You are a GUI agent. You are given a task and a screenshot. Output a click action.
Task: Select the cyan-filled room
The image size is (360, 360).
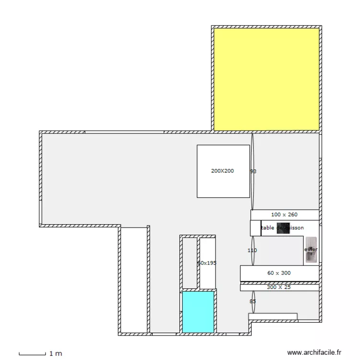point(198,312)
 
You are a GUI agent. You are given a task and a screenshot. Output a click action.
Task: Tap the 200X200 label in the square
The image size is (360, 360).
point(223,171)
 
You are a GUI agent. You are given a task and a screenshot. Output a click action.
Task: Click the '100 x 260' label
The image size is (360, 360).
point(284,215)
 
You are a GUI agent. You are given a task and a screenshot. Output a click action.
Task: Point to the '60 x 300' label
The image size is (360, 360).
point(279,273)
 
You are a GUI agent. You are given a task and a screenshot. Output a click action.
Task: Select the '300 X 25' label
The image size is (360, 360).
point(279,287)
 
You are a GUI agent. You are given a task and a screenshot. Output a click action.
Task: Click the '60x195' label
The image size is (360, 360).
point(207,263)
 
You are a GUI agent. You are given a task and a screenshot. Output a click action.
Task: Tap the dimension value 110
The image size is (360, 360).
point(252,251)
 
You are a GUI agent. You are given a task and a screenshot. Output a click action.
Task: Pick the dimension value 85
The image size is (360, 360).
point(252,301)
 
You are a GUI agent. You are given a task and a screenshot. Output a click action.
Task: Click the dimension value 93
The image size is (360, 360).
point(253,171)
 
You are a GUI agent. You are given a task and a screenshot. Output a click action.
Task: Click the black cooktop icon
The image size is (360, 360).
point(283,228)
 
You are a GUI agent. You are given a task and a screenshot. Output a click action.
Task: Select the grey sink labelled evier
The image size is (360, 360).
point(311,250)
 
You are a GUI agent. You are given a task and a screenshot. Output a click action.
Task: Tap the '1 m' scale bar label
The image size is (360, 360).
point(56,354)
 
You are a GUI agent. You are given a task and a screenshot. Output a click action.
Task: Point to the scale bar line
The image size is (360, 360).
point(32,354)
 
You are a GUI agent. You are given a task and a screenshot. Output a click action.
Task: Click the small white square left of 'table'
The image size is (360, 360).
point(255,228)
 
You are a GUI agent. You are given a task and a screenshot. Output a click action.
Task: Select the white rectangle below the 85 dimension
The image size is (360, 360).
point(273,316)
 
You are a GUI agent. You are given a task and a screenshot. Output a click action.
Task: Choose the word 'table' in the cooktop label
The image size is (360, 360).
point(268,228)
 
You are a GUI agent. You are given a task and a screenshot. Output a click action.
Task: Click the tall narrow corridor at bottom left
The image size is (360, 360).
point(134,278)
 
